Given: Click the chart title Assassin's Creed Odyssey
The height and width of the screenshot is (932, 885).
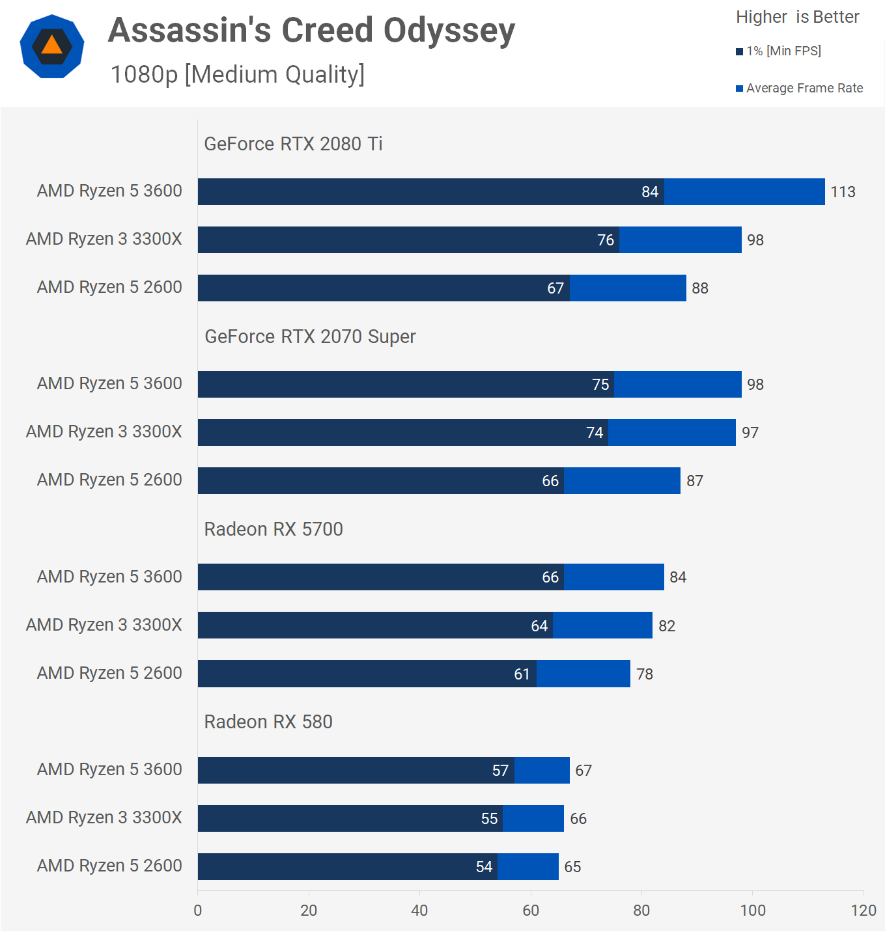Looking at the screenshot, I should coord(311,31).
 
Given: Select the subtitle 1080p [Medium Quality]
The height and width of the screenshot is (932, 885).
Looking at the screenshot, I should coord(237,74).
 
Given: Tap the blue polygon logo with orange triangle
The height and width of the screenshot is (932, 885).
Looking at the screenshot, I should coord(52,46).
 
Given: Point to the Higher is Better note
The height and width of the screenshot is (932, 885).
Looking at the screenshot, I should coord(797,17).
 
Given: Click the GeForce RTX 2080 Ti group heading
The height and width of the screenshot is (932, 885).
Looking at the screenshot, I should coord(293,144).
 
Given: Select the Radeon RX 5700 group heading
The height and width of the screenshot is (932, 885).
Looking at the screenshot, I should coord(274,529).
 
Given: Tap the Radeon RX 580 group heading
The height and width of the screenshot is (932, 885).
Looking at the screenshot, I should coord(268,722).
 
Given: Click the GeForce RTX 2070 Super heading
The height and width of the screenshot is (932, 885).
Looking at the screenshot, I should coord(310,336).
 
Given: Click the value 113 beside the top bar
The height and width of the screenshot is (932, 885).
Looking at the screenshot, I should coord(843,192).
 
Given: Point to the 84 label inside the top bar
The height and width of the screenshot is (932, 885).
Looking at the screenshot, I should coord(650,192).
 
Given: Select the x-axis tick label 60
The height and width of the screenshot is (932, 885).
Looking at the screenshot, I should coord(531,911).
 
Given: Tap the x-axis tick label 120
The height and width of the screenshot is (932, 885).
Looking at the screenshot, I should coord(864,911).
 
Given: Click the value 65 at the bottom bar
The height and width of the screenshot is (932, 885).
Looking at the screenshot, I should coord(572,867).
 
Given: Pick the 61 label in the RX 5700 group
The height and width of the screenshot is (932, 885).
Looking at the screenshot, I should coord(522,674).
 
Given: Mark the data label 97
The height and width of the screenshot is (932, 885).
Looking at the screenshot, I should coord(750,433).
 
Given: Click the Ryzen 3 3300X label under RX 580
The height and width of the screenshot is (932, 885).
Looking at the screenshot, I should coord(104,817).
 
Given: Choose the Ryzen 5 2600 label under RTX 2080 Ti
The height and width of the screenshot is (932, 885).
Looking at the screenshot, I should coord(109,287).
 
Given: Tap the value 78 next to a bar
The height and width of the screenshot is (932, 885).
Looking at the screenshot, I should coord(645,674).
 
